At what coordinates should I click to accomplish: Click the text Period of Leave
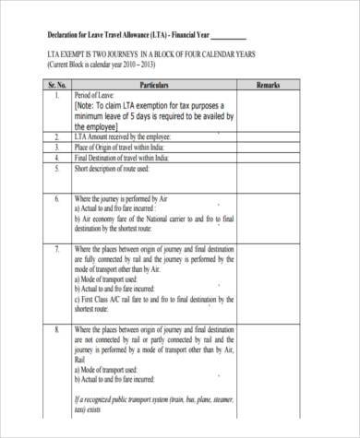pyautogui.click(x=96, y=96)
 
